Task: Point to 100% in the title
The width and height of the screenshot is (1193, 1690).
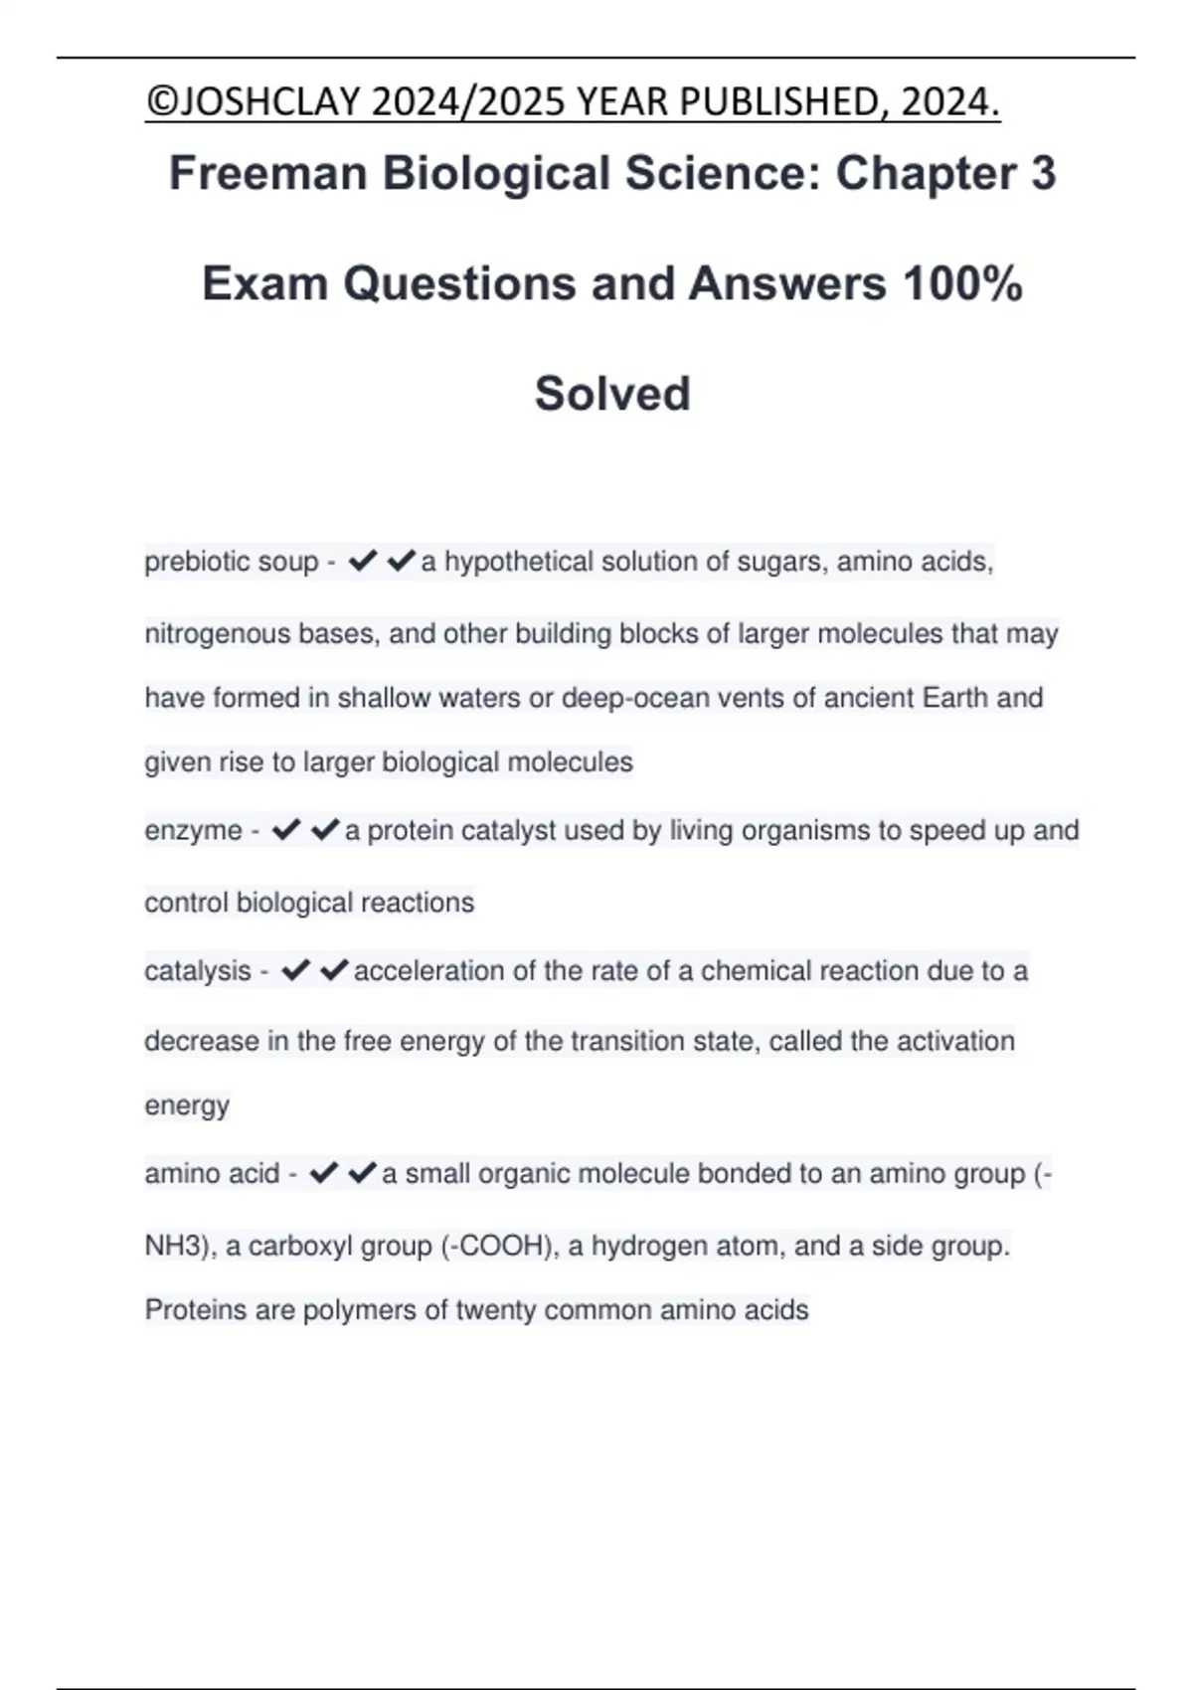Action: (x=962, y=283)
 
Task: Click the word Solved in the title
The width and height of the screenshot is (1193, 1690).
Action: (x=612, y=393)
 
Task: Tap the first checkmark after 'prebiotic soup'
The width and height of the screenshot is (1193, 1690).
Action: (x=363, y=562)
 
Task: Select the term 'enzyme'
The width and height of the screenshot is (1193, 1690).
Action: (x=193, y=831)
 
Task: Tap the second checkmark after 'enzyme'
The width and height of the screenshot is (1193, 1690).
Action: (x=325, y=830)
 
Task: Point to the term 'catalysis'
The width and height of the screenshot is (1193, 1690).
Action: (x=198, y=971)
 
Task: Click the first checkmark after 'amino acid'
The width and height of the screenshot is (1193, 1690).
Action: (x=324, y=1174)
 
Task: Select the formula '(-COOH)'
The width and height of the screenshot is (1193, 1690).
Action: (x=498, y=1247)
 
